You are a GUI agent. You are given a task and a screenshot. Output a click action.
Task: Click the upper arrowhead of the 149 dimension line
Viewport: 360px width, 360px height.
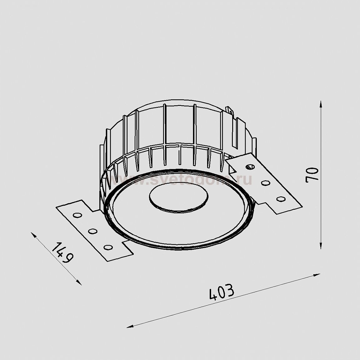pyautogui.click(x=34, y=235)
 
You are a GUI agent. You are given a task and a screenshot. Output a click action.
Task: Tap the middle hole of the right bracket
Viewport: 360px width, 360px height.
pyautogui.click(x=266, y=183)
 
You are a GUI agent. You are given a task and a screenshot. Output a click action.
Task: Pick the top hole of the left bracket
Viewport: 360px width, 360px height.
pyautogui.click(x=77, y=215)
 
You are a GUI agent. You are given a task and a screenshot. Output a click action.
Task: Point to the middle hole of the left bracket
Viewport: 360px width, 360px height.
pyautogui.click(x=92, y=231)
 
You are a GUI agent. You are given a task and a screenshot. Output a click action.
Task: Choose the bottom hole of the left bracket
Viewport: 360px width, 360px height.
pyautogui.click(x=108, y=247)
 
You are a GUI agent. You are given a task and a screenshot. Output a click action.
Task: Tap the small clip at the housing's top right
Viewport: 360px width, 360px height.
pyautogui.click(x=231, y=110)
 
